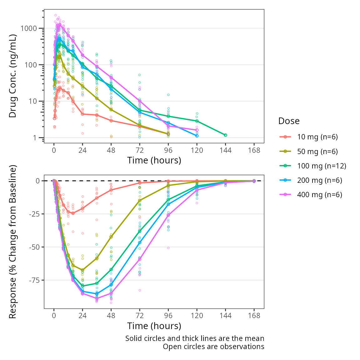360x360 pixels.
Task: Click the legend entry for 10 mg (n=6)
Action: point(317,137)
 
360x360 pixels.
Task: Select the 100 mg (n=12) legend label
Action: point(322,166)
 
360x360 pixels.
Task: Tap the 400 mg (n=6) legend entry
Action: point(319,195)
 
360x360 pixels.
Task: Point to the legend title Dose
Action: point(289,121)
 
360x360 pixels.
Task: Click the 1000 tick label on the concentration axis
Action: point(28,28)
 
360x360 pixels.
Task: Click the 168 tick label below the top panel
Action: point(254,150)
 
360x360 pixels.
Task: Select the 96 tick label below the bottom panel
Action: point(168,316)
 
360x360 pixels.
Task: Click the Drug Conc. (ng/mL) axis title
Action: point(12,76)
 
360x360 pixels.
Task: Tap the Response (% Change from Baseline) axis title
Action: point(12,242)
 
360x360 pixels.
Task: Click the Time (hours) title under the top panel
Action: point(154,160)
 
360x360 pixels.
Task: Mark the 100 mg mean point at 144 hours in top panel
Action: point(225,135)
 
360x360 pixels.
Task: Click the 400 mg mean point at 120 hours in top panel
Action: point(197,130)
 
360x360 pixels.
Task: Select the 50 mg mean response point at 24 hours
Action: point(82,270)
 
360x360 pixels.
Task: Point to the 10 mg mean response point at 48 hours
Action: point(111,190)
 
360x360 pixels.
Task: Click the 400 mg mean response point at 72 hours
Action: point(140,259)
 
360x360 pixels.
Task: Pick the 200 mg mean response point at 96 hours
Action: point(168,204)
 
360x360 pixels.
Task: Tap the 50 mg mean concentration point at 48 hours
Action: point(111,110)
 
